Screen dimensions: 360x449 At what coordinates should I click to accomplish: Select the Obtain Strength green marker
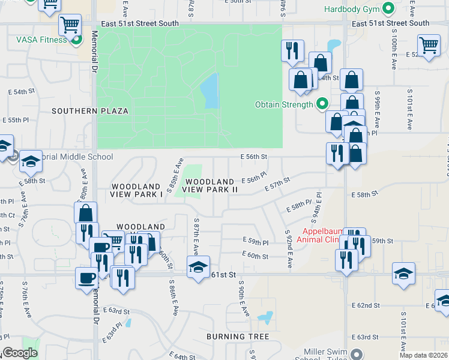(322, 104)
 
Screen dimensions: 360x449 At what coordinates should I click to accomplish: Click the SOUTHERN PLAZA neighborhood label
(90, 111)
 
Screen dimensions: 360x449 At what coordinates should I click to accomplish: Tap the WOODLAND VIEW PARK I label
(137, 190)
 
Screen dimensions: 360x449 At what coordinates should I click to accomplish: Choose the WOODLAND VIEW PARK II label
(210, 185)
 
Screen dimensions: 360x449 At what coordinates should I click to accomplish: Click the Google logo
(20, 353)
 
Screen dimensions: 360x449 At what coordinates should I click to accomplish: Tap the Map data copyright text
(423, 355)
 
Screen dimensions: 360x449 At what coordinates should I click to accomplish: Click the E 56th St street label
(253, 157)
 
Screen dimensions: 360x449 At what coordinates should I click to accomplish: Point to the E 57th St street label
(277, 184)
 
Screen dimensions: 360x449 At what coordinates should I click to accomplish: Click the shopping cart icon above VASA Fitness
(70, 25)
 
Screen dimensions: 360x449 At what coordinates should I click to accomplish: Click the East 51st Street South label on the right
(391, 23)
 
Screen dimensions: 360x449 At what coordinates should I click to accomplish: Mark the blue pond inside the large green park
(209, 91)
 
